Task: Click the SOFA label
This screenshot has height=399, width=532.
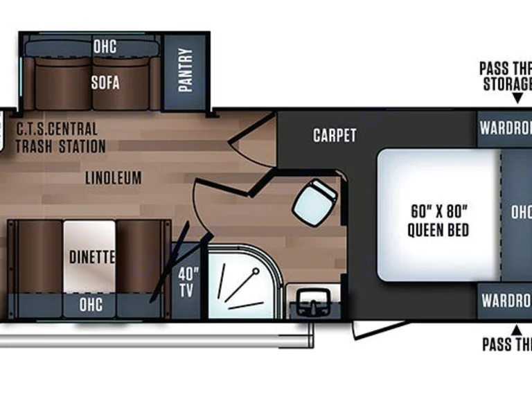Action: [105, 82]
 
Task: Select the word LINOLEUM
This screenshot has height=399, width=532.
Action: [114, 178]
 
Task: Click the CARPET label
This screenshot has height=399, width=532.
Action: [335, 135]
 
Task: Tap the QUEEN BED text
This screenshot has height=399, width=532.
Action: [438, 230]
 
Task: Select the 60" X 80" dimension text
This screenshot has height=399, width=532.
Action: [438, 211]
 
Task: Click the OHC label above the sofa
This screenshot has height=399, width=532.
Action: [105, 47]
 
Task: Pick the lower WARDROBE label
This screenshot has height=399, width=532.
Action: [505, 302]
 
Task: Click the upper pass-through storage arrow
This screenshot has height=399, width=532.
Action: [516, 100]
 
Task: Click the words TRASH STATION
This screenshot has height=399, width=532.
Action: [61, 146]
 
